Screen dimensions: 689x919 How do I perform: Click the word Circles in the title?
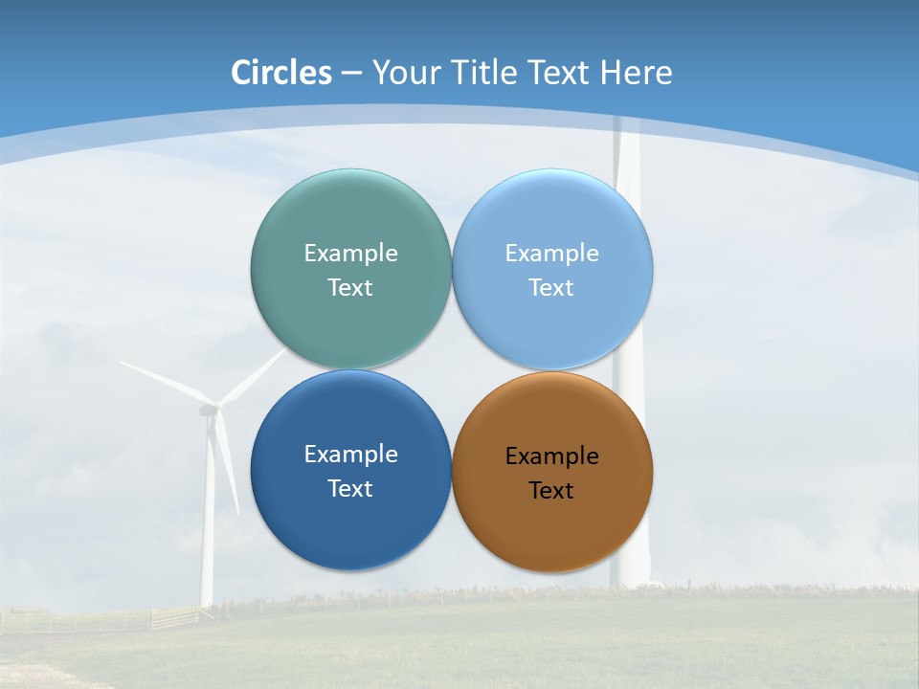click(x=281, y=73)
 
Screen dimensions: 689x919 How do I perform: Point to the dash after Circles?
click(x=351, y=74)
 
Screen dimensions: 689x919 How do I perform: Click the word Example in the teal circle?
click(x=350, y=254)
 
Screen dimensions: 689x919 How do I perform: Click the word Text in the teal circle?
click(x=350, y=288)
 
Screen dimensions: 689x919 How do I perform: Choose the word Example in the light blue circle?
click(x=552, y=254)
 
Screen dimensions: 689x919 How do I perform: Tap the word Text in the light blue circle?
click(x=552, y=288)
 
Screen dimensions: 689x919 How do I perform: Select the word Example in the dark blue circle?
click(x=350, y=455)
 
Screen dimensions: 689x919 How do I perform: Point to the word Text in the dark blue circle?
click(x=350, y=489)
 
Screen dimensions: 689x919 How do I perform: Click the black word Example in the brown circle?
click(x=552, y=456)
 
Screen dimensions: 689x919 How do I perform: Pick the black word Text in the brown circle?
click(x=552, y=491)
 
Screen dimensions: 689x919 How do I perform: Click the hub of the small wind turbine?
click(x=209, y=410)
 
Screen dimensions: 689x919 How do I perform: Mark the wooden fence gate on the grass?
click(x=174, y=617)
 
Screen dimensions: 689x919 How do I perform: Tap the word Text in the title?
click(x=560, y=73)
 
